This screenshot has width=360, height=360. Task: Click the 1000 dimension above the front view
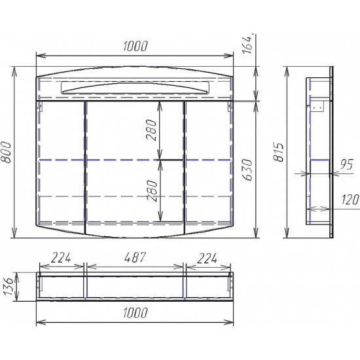[x=135, y=46]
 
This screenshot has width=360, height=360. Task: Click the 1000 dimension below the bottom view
[x=135, y=312]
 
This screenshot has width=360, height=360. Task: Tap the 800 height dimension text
[x=6, y=153]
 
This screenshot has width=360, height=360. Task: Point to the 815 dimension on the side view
[x=279, y=153]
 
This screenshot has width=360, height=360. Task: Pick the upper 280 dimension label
[x=151, y=130]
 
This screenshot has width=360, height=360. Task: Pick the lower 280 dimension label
[x=151, y=191]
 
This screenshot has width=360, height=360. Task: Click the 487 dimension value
[x=135, y=257]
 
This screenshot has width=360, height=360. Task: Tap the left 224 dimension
[x=61, y=257]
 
